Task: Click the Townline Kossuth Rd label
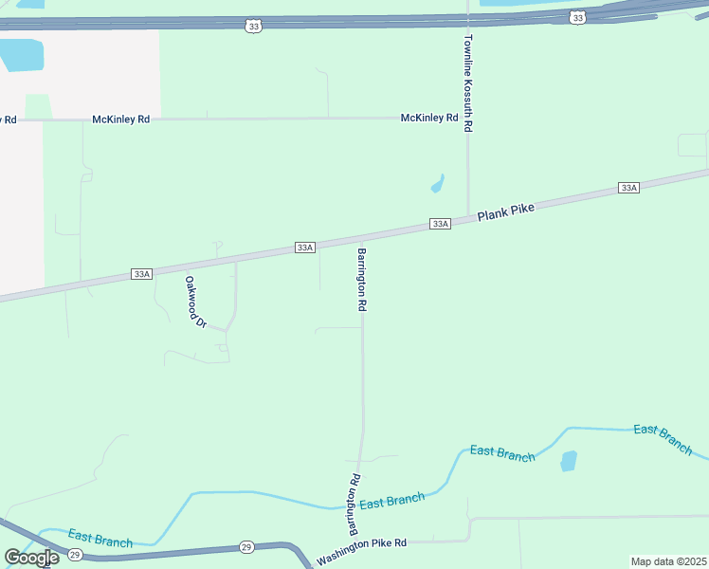point(468,84)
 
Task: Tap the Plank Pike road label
point(506,213)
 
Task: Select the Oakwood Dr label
point(196,303)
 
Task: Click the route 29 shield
point(246,547)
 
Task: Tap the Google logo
point(31,558)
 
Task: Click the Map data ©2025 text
point(668,560)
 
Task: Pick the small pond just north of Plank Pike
point(438,183)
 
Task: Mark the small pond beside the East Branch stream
point(569,461)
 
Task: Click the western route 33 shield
point(252,27)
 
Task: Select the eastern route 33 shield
point(578,17)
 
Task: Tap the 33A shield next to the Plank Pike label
point(440,224)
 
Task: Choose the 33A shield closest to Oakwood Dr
point(141,274)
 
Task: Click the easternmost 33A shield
point(628,188)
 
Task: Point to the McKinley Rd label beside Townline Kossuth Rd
point(429,118)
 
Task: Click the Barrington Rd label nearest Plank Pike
point(361,281)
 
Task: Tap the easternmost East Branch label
point(663,439)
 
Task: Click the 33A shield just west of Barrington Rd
point(304,248)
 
